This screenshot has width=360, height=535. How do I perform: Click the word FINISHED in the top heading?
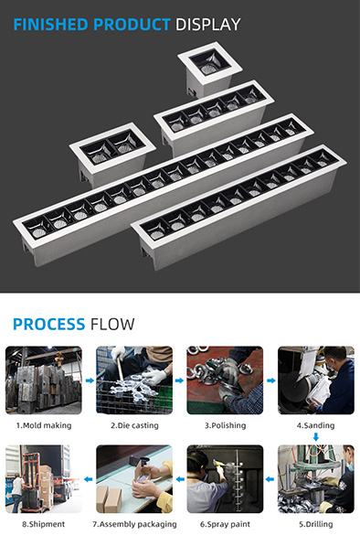point(50,25)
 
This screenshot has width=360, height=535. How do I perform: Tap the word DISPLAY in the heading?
point(208,25)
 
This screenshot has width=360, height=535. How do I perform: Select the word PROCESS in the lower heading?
point(48,324)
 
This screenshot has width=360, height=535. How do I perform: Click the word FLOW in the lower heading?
point(112,324)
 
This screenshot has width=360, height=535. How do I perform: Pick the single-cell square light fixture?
point(209,70)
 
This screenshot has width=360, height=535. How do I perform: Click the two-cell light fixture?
point(112,154)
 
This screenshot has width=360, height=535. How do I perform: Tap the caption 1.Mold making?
point(44,425)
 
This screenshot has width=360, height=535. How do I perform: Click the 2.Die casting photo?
point(134,380)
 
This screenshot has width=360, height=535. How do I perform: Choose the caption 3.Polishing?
point(226,425)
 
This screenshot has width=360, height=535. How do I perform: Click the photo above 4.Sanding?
point(316,380)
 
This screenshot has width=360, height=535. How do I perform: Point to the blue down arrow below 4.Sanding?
point(316,437)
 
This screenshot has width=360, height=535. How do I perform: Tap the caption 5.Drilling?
point(316,524)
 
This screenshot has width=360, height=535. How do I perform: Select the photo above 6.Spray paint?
point(225,479)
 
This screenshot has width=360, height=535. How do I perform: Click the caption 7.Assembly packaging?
point(134,524)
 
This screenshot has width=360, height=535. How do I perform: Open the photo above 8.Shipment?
point(44,479)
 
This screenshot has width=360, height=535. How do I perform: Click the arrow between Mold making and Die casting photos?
point(90,380)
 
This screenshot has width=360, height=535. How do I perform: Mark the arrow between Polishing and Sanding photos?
point(271,380)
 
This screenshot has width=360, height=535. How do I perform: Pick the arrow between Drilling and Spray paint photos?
point(270,479)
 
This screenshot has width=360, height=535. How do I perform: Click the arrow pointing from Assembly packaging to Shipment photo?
point(89,479)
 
